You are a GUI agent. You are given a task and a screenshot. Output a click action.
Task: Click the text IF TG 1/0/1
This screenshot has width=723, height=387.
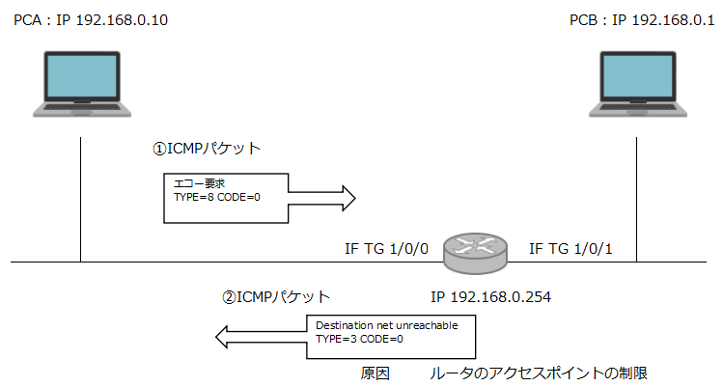[x=571, y=249]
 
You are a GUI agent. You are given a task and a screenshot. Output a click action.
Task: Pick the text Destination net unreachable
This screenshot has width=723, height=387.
[x=387, y=326]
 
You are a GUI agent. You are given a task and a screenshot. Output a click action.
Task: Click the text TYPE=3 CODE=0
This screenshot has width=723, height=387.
[x=361, y=340]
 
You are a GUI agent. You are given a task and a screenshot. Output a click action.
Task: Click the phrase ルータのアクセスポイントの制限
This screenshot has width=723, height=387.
[x=544, y=372]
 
